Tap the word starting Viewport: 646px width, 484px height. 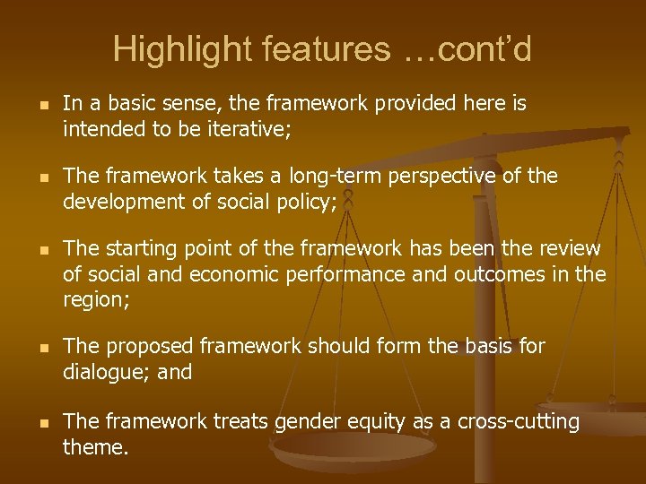coord(138,248)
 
